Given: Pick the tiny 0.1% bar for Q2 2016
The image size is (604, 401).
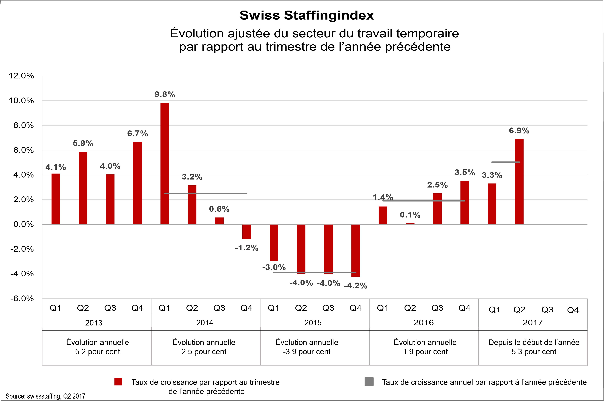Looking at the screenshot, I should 410,224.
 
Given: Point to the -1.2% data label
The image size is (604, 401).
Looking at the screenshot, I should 247,248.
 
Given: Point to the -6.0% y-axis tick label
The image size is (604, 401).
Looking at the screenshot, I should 22,298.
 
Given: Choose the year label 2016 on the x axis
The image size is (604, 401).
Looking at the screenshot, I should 424,323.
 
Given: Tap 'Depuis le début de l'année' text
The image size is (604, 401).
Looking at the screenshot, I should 534,342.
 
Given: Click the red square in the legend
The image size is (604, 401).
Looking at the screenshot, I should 118,382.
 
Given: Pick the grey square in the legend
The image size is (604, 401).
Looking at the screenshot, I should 369,382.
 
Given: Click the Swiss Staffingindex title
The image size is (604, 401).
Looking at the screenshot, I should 307,15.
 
